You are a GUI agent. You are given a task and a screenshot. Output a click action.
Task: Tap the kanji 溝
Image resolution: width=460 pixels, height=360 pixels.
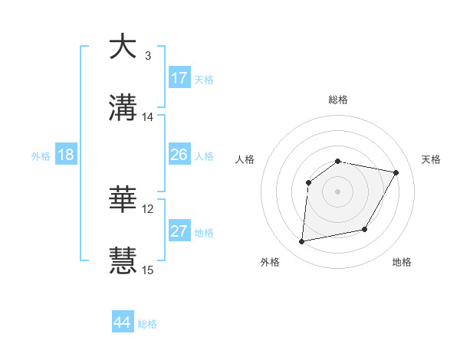(x=123, y=108)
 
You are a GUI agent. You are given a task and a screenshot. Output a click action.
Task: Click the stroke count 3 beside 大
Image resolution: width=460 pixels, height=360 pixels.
(x=148, y=56)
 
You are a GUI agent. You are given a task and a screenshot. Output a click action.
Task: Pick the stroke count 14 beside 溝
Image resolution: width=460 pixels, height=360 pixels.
(x=148, y=117)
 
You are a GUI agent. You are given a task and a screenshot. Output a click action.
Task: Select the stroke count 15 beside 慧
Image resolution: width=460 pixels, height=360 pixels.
(x=148, y=270)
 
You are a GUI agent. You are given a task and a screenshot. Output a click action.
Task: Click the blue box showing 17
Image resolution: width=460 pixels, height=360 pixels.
(x=179, y=78)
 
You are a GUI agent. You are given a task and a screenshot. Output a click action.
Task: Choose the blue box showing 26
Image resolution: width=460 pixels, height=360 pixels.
(x=179, y=155)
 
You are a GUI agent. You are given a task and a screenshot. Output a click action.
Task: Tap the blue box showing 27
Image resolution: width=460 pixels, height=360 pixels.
(x=179, y=231)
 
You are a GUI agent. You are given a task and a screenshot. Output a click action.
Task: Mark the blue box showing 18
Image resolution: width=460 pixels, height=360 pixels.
(x=66, y=155)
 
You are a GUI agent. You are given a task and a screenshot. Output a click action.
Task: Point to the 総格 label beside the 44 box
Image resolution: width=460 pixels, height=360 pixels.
(x=147, y=324)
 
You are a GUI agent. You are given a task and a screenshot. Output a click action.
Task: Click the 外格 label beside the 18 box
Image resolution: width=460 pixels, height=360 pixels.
(x=41, y=156)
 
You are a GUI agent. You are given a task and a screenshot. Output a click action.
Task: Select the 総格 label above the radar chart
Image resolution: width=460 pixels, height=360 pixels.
(x=337, y=100)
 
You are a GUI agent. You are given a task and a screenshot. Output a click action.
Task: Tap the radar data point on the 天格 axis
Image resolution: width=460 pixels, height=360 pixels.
(x=396, y=173)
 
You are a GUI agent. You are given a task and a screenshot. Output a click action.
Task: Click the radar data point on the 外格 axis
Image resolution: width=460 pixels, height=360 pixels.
(x=303, y=241)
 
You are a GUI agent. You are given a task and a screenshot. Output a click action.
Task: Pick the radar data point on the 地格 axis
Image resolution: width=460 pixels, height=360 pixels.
(x=365, y=229)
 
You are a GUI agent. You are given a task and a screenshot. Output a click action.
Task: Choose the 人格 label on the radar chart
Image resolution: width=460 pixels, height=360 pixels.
(x=245, y=159)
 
